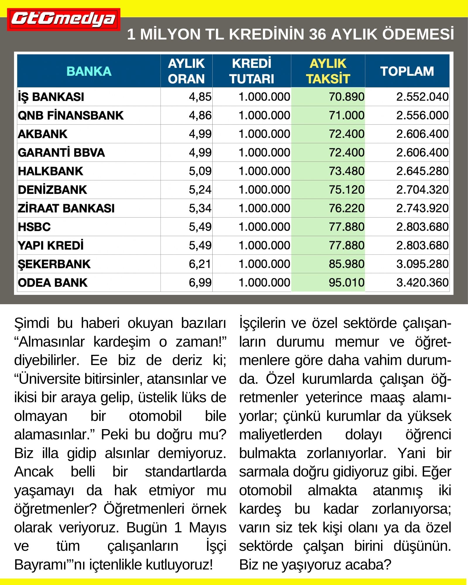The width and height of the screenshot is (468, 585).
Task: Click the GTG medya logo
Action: [63, 20]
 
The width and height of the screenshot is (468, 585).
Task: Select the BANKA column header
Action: [89, 71]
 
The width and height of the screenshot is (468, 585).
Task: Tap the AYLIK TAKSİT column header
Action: [328, 71]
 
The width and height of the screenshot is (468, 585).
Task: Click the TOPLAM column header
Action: [407, 71]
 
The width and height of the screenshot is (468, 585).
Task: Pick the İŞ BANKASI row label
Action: [51, 97]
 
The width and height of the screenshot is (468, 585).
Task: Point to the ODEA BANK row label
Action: [53, 283]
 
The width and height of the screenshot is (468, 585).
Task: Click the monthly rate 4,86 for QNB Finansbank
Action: [200, 115]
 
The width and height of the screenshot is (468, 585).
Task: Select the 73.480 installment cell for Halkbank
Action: [346, 171]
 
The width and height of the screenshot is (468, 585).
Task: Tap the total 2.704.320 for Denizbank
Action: [422, 190]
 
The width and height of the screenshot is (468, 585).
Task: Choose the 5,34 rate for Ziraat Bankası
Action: [200, 208]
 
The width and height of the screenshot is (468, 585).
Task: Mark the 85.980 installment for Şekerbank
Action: [346, 264]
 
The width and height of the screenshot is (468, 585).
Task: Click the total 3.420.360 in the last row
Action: [422, 283]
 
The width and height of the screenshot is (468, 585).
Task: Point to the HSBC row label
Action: [34, 227]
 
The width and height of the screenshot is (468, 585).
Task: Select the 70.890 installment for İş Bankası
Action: [346, 97]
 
